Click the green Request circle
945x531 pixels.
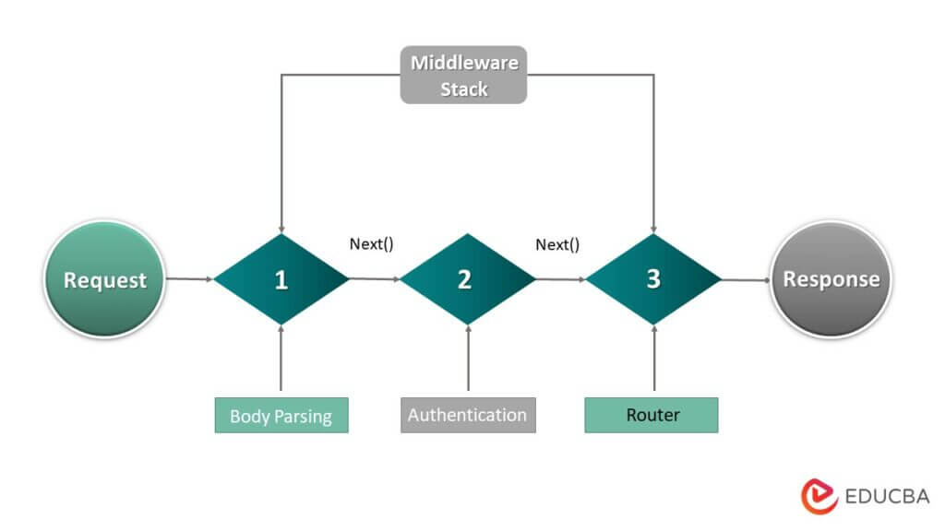click(104, 279)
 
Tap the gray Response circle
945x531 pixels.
click(831, 279)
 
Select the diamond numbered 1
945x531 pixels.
click(281, 279)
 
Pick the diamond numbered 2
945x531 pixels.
click(467, 279)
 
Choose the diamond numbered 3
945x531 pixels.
click(653, 279)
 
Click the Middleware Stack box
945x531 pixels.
click(463, 76)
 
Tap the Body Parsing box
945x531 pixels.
click(281, 416)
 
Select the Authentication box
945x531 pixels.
click(468, 415)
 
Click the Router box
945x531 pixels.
click(652, 415)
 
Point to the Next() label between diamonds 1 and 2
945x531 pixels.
click(371, 244)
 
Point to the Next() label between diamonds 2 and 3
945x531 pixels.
click(557, 244)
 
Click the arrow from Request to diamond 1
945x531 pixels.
click(189, 278)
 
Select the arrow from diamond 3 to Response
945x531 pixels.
click(746, 278)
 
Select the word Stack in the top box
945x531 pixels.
click(463, 90)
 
